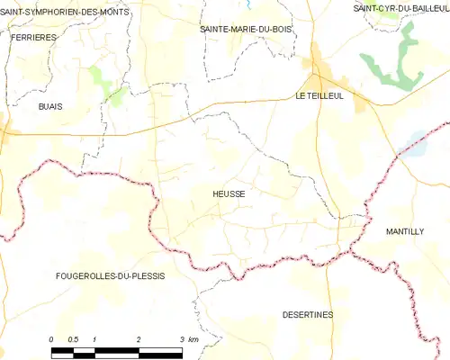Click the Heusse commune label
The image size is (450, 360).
click(229, 193)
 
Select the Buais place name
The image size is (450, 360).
click(49, 106)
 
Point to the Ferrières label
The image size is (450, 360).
click(34, 38)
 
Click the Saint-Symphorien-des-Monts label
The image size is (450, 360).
click(65, 13)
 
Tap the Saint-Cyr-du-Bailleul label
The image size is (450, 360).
click(401, 7)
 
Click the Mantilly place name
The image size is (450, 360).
click(404, 231)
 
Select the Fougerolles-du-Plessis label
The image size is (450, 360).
click(110, 275)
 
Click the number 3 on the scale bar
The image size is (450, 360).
click(181, 338)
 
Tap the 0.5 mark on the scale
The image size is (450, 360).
click(73, 338)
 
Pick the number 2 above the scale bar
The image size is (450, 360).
click(138, 338)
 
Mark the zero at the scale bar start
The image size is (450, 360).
click(51, 338)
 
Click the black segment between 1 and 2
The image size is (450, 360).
click(116, 348)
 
